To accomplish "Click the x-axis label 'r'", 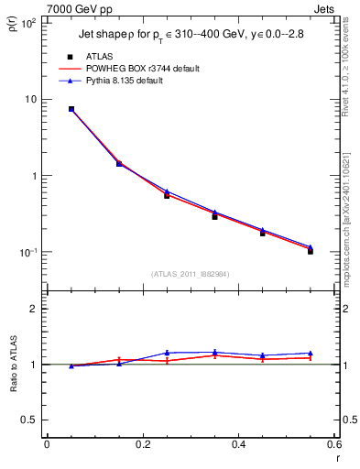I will tap(336, 458).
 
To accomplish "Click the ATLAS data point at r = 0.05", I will tap(71, 109).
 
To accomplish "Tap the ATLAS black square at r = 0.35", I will tap(214, 216).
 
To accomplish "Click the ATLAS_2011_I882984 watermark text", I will tap(191, 273).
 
